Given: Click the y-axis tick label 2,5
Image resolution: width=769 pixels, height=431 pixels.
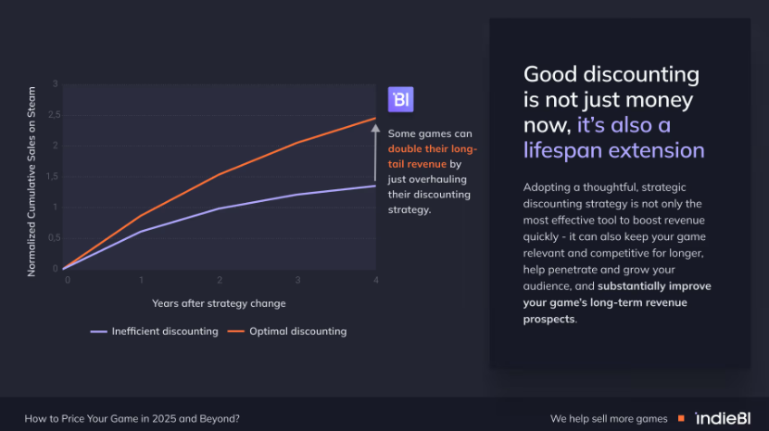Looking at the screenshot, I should [x=54, y=115].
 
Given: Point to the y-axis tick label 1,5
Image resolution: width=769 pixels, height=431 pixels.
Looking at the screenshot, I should [x=54, y=176].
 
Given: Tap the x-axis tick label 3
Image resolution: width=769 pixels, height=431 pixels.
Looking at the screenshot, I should [x=297, y=279].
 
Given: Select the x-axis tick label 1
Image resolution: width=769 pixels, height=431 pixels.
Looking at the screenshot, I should [x=141, y=279].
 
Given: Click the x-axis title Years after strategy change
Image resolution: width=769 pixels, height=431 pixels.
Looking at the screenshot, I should [x=219, y=303].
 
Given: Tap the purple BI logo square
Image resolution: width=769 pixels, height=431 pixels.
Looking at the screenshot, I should [x=400, y=100].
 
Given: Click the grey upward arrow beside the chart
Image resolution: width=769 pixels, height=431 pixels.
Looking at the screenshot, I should [x=375, y=152].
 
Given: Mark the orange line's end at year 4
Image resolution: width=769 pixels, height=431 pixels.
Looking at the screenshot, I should [x=375, y=119].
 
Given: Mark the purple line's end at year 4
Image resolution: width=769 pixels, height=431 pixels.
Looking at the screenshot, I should [x=375, y=185].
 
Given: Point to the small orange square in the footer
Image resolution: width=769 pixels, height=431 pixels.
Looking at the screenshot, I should [x=681, y=418].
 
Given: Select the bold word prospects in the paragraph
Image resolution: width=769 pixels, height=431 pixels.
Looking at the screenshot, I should [x=548, y=320].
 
